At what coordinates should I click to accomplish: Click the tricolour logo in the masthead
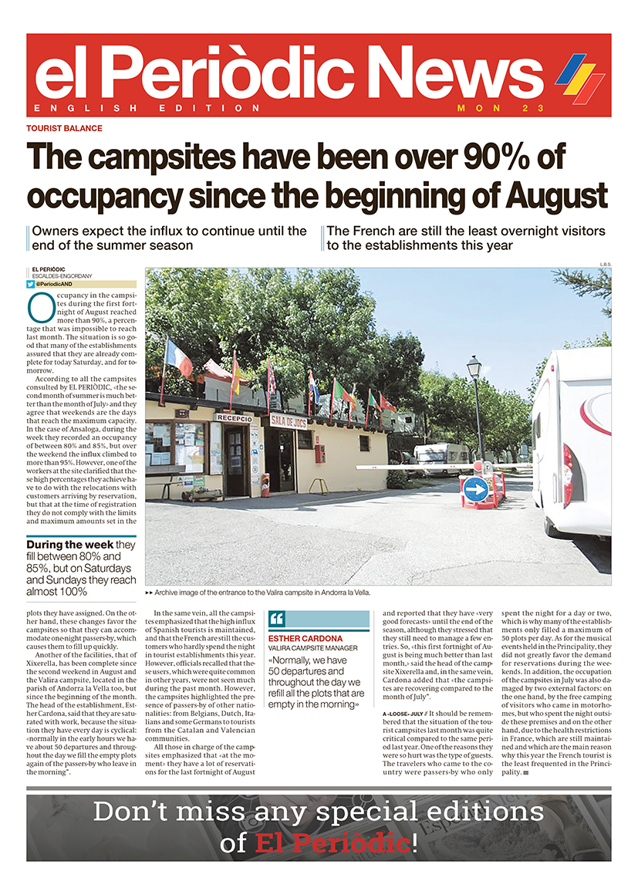coord(579,76)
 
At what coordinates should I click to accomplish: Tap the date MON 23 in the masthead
coord(501,108)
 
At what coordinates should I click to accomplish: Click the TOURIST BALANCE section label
coord(64,128)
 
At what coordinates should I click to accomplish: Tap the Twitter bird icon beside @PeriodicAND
coord(30,284)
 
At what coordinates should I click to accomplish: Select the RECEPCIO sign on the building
coord(234,417)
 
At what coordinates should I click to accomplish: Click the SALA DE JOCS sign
coord(289,420)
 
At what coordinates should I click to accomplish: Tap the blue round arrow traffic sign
coord(476,488)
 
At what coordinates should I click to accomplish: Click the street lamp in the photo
coord(474,369)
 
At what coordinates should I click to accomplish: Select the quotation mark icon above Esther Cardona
coord(278,620)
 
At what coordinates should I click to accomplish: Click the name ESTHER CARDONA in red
coord(305,639)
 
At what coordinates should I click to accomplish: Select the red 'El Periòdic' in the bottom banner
coord(331,843)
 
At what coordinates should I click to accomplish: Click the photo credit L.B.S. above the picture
coord(604,265)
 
